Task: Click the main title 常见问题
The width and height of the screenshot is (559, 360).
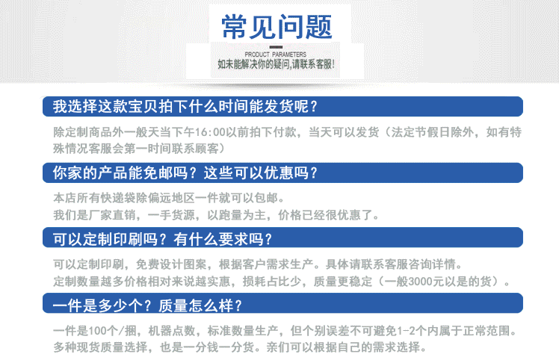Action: pos(277,27)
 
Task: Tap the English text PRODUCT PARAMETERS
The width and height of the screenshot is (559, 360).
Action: pos(276,55)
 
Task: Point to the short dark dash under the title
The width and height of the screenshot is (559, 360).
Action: pos(276,47)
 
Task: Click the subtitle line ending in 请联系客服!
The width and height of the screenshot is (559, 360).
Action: pos(276,64)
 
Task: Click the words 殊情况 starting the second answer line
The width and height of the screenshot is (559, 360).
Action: pos(70,149)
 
